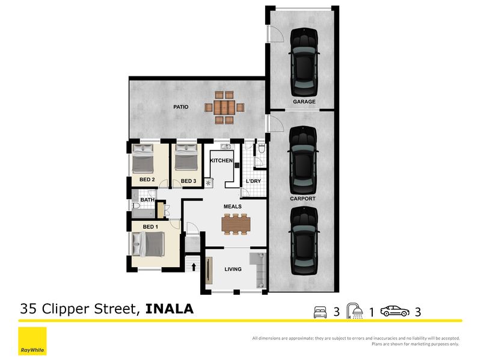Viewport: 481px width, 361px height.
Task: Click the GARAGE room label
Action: (304, 102)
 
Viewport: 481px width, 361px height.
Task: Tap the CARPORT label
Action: (302, 199)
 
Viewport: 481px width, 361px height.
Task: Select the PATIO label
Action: (181, 107)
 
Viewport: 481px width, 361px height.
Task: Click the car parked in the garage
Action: (304, 62)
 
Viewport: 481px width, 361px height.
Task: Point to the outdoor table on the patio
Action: (224, 108)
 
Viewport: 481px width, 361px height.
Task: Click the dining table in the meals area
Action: (236, 224)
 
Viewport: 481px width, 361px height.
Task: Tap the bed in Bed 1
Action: (148, 244)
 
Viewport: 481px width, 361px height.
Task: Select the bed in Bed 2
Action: (142, 158)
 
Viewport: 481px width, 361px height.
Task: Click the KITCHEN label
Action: (221, 161)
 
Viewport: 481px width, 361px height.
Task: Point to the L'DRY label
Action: (253, 181)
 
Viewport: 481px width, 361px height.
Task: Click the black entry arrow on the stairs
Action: (194, 267)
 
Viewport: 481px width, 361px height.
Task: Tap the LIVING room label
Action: (233, 269)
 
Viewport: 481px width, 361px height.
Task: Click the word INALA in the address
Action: (170, 309)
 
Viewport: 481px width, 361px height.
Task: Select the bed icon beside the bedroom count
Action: (320, 312)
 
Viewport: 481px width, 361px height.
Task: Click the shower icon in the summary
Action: (355, 311)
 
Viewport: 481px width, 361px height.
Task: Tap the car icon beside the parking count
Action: (395, 311)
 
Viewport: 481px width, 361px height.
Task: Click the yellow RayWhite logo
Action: (32, 341)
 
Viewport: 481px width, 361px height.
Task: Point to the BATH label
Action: (147, 200)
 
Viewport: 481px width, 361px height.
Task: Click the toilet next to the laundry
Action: (262, 149)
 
